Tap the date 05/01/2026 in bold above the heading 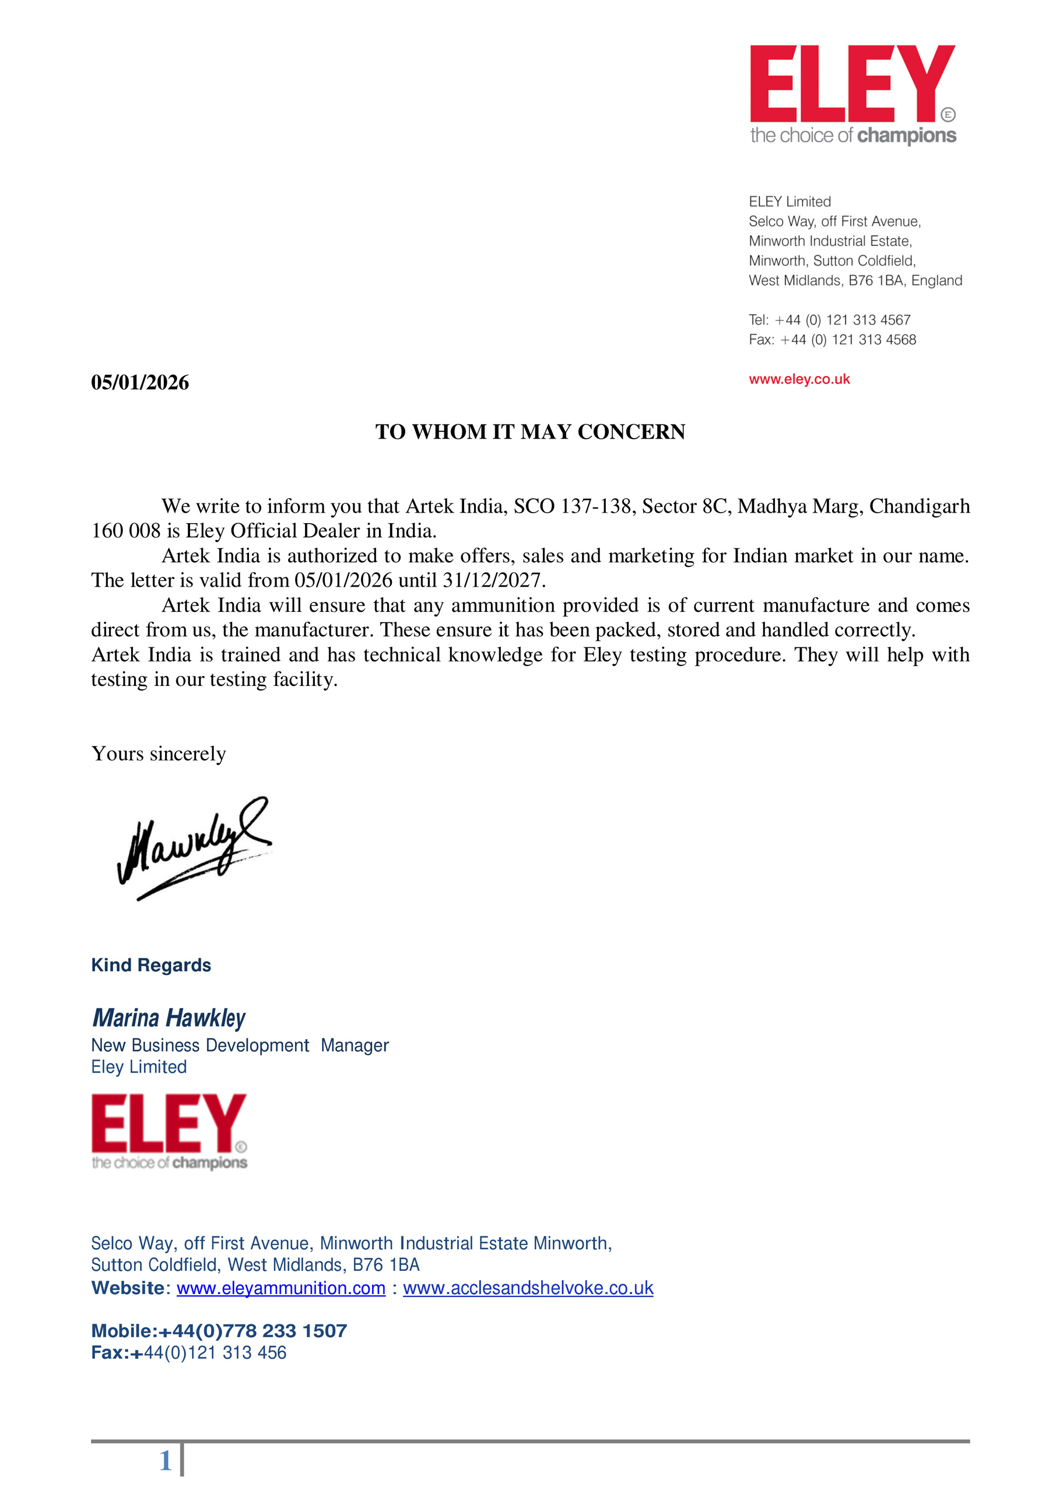[140, 383]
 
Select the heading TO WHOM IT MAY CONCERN [530, 432]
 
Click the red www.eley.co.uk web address [799, 379]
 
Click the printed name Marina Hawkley [169, 1018]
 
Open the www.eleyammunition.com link [281, 1288]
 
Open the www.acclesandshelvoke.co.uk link [528, 1288]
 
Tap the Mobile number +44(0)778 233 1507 [253, 1330]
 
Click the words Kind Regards [151, 965]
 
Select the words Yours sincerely [159, 753]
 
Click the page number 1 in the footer [165, 1460]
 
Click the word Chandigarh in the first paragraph [919, 506]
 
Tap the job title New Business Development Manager [239, 1045]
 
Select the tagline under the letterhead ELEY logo [853, 135]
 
